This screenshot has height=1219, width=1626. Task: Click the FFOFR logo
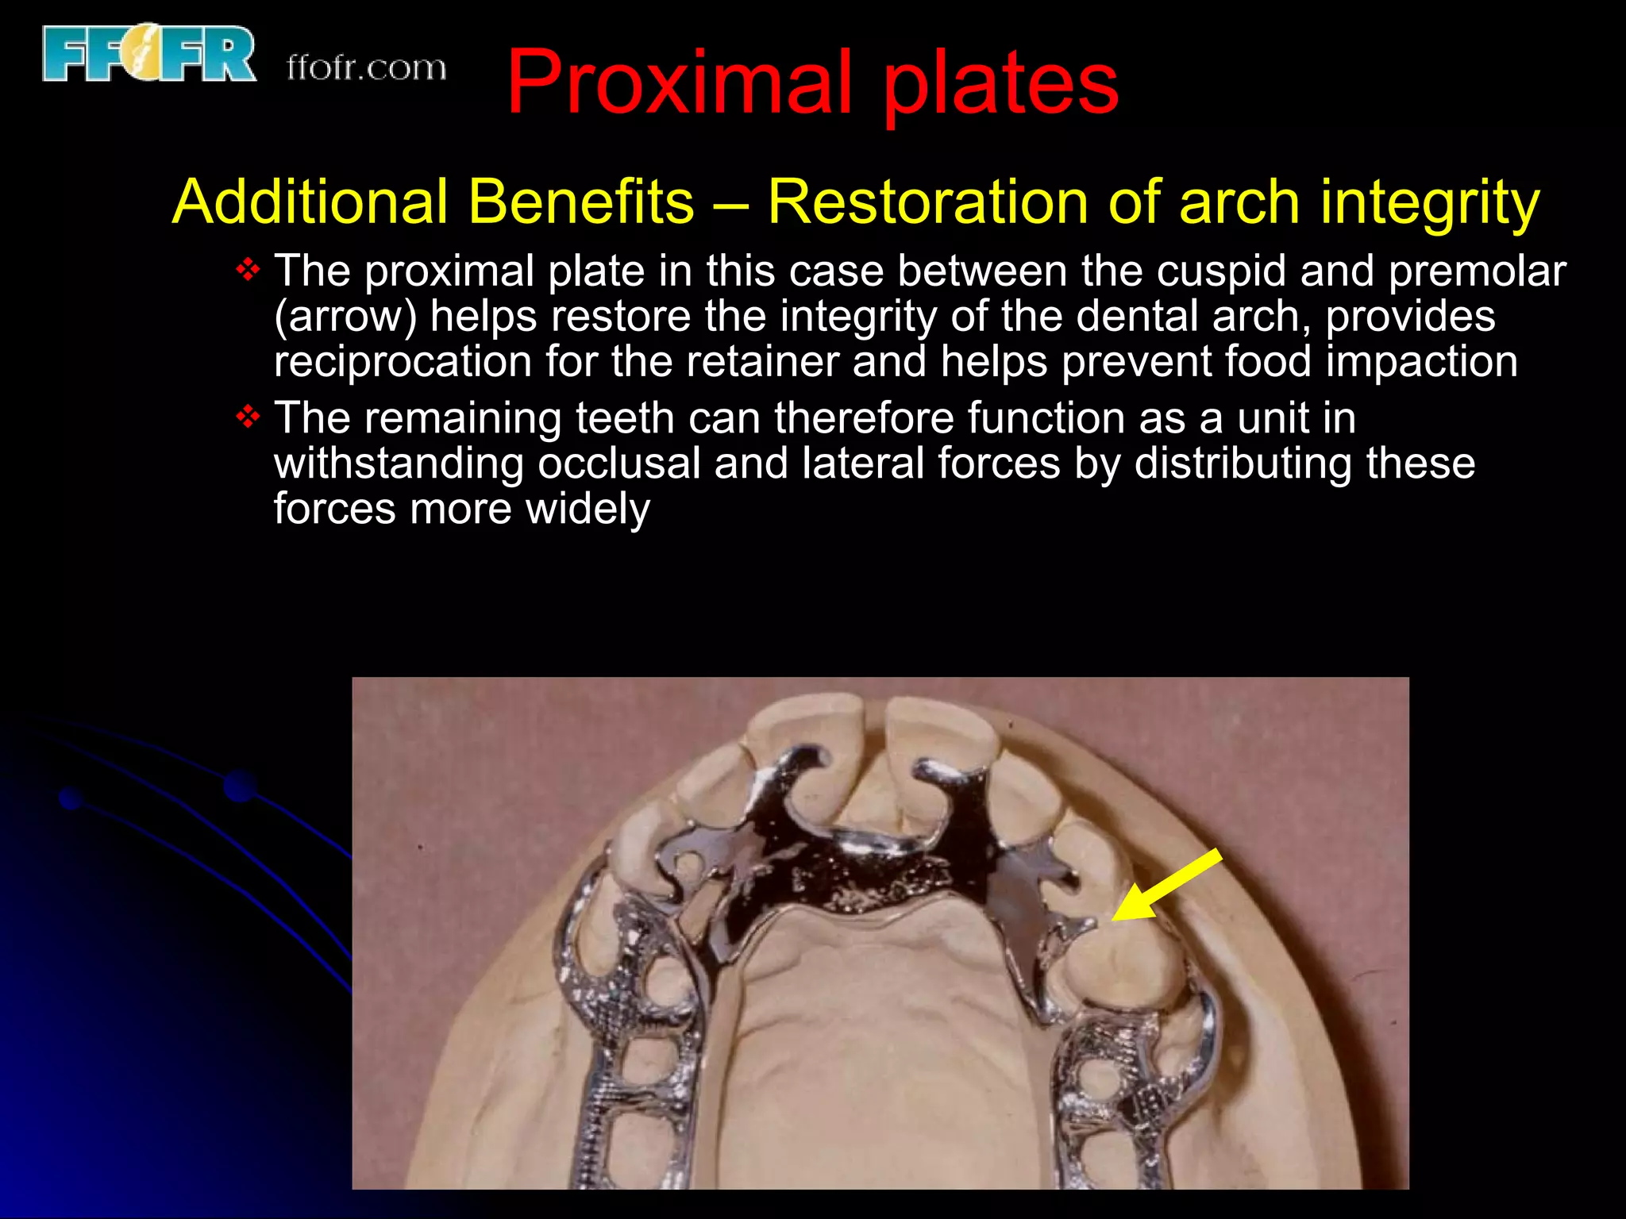click(148, 54)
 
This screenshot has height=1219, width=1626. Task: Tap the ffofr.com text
click(366, 68)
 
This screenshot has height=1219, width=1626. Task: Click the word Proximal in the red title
click(680, 83)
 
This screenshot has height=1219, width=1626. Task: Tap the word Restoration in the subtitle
click(927, 202)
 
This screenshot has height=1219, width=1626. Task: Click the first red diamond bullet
click(249, 270)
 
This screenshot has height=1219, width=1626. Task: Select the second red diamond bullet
click(249, 417)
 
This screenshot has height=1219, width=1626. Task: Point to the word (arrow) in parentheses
click(345, 317)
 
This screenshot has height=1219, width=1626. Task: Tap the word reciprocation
click(403, 362)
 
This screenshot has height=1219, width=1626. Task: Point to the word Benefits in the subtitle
click(581, 202)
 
